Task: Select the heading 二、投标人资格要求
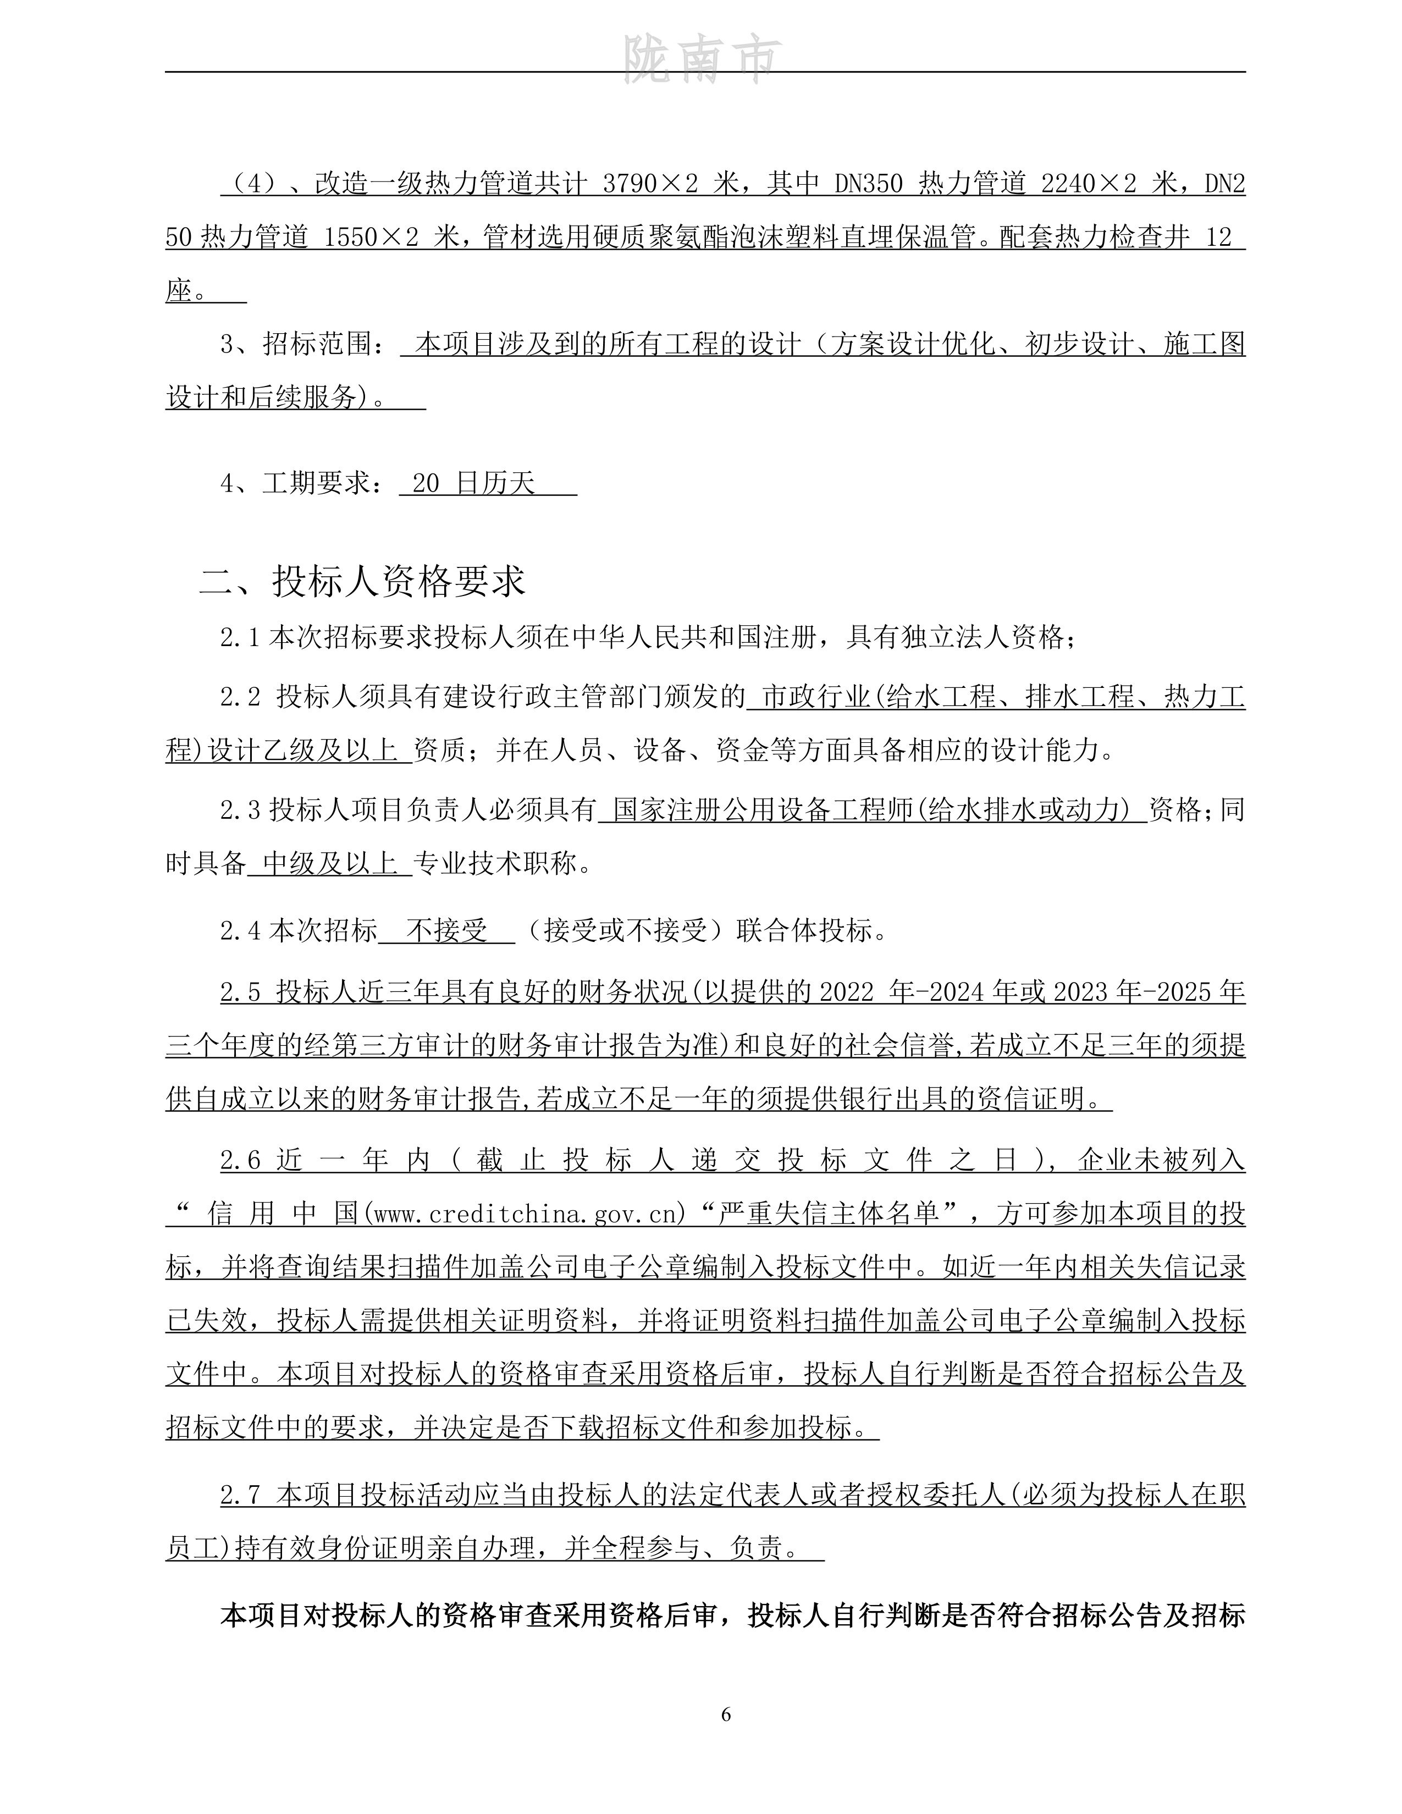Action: (x=362, y=581)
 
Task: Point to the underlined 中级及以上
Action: (x=330, y=864)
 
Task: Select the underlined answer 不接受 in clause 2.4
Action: (x=447, y=930)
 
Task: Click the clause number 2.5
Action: (x=241, y=992)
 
